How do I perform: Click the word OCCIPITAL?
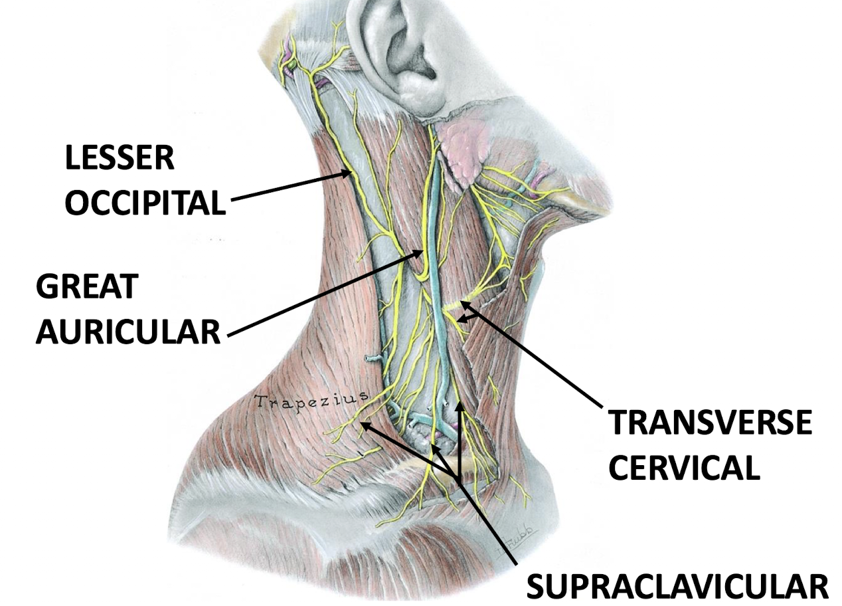(x=145, y=203)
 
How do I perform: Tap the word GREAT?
(x=86, y=287)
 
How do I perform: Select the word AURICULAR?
(x=127, y=331)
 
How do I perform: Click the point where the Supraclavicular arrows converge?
(x=458, y=478)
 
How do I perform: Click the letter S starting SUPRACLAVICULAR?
(x=536, y=586)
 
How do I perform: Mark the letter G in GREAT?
(x=48, y=287)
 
